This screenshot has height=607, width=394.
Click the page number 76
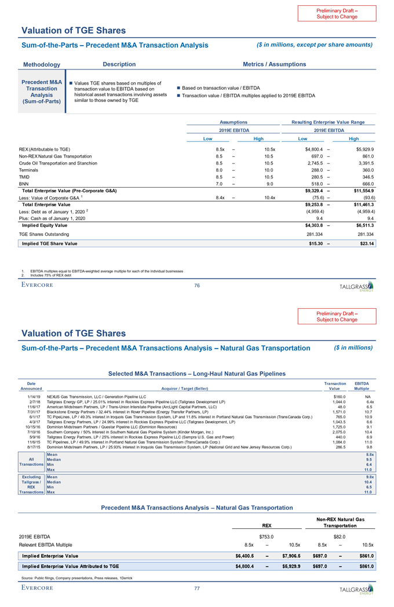pos(197,284)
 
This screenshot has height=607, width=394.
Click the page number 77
pos(197,588)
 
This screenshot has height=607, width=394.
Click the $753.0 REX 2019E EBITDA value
pos(267,536)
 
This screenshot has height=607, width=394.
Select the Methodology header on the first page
pos(41,64)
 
